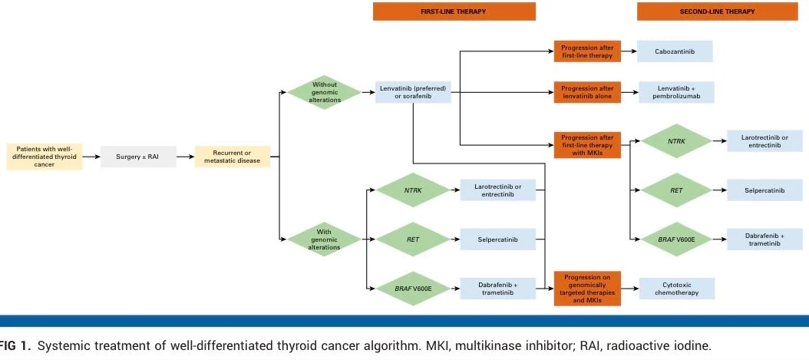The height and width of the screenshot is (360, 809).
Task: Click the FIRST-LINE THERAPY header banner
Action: coord(454,12)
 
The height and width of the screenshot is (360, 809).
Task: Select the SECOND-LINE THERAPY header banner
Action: coord(718,12)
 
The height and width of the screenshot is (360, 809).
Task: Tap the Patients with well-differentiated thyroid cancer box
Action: coord(44,157)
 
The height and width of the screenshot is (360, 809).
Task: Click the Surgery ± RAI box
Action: coord(138,157)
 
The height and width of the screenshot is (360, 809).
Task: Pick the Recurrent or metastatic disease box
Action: coord(232,157)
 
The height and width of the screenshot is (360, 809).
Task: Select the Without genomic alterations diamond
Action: coord(324,92)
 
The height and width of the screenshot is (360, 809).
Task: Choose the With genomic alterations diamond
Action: coord(324,239)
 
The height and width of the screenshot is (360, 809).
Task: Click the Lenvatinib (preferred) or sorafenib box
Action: coord(413,92)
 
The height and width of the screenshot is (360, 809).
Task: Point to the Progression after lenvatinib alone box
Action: coord(586,92)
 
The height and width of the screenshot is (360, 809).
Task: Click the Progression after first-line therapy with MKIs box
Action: coord(586,144)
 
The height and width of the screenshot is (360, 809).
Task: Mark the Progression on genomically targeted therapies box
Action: coord(586,288)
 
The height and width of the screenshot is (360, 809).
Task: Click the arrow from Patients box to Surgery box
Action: coord(91,157)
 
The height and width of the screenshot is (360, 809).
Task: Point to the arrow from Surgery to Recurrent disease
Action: coord(184,157)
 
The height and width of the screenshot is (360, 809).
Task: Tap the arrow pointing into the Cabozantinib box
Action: coord(629,51)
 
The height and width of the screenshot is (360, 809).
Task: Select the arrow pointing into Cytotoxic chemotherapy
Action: coord(629,288)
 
